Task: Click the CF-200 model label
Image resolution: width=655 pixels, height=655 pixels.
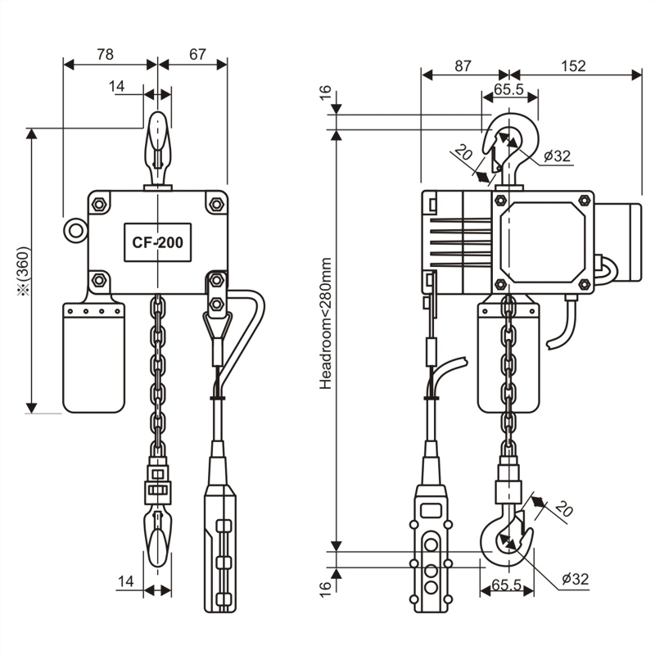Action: point(157,242)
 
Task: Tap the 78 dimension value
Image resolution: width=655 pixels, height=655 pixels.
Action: point(105,54)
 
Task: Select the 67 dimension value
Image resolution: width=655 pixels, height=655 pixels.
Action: point(197,54)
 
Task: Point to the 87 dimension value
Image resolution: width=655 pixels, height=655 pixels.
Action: point(463,66)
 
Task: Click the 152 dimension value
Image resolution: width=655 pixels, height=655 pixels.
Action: point(573,66)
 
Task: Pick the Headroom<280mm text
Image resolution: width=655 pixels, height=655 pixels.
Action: point(325,323)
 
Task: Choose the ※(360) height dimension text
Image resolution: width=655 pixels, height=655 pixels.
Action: point(24,272)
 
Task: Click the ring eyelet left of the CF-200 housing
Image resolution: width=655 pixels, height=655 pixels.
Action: point(75,230)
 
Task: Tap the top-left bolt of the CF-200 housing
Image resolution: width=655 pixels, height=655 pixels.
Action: point(99,204)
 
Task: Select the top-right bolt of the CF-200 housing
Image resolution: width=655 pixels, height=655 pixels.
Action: point(216,204)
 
